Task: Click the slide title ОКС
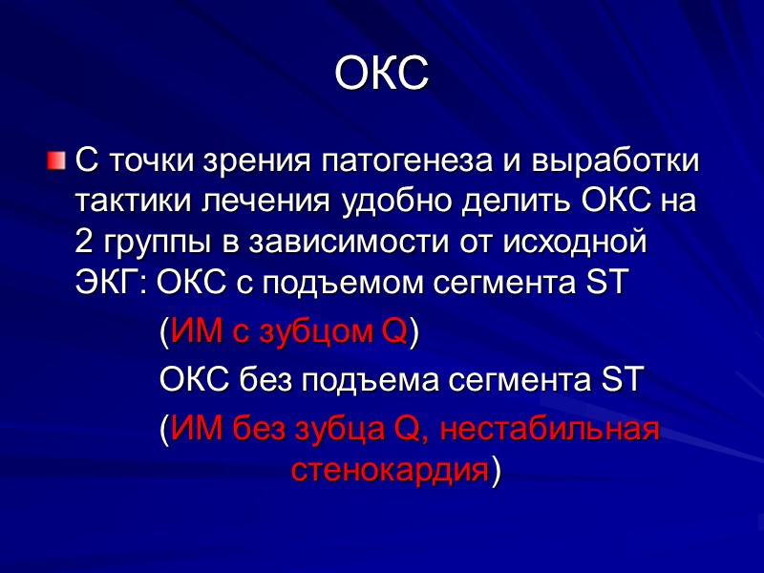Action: (382, 74)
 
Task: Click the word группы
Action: (154, 243)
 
